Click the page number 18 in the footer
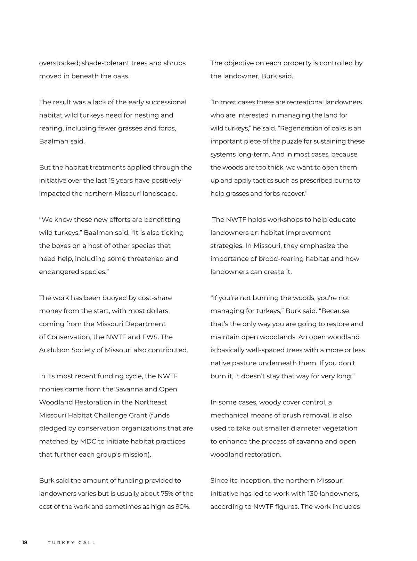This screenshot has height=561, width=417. point(25,543)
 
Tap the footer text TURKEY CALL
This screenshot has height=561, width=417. point(72,543)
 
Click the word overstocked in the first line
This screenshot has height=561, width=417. point(59,63)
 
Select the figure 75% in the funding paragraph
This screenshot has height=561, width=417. point(167,494)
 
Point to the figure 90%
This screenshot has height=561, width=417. point(183,507)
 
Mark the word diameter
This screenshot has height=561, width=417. point(305,428)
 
